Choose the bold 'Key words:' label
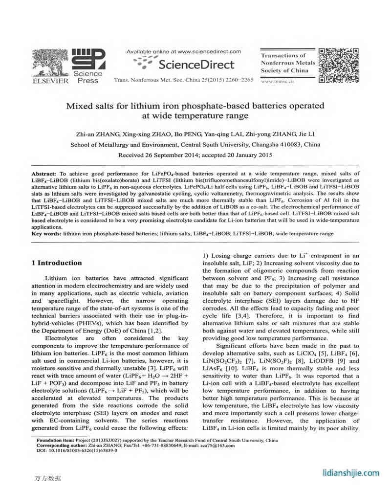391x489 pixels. click(47, 234)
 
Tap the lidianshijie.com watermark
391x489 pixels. click(351, 473)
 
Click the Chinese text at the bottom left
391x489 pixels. click(48, 478)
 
